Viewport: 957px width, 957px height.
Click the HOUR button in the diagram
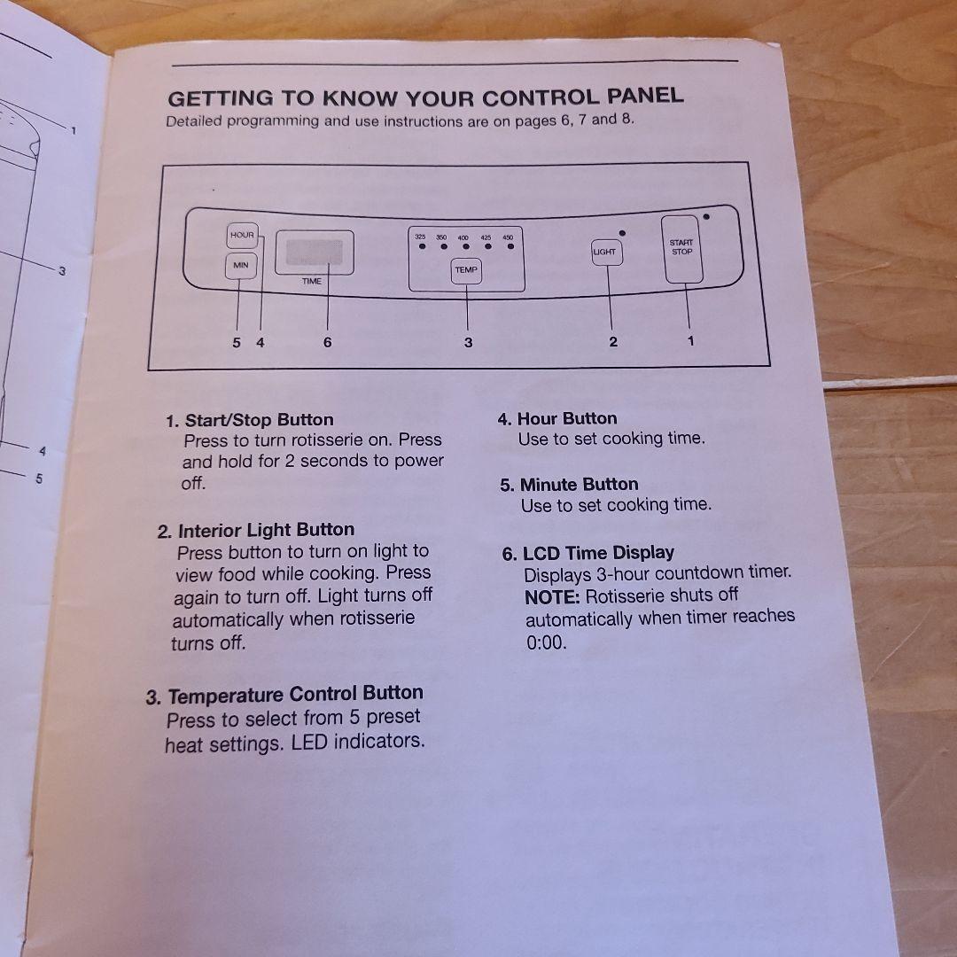point(241,235)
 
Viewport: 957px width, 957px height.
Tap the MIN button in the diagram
point(240,265)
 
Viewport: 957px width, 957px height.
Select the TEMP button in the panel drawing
point(466,270)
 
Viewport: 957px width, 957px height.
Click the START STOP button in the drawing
point(682,249)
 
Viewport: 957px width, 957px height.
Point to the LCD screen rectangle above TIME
point(314,253)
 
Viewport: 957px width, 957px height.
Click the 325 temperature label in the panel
point(421,237)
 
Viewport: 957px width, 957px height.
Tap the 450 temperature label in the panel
point(508,238)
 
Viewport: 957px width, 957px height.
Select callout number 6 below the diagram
point(327,342)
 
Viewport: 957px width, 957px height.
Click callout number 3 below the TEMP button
point(468,342)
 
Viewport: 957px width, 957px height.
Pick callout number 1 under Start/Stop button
point(691,339)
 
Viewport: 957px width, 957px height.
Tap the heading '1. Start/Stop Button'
point(250,420)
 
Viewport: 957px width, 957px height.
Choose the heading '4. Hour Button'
point(557,418)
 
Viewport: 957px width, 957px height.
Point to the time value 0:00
point(546,642)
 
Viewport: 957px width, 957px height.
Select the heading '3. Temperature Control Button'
point(284,695)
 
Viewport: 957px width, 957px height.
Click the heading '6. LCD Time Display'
point(588,553)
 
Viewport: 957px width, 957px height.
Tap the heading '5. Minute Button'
point(569,485)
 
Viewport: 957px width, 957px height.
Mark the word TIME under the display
point(312,281)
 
